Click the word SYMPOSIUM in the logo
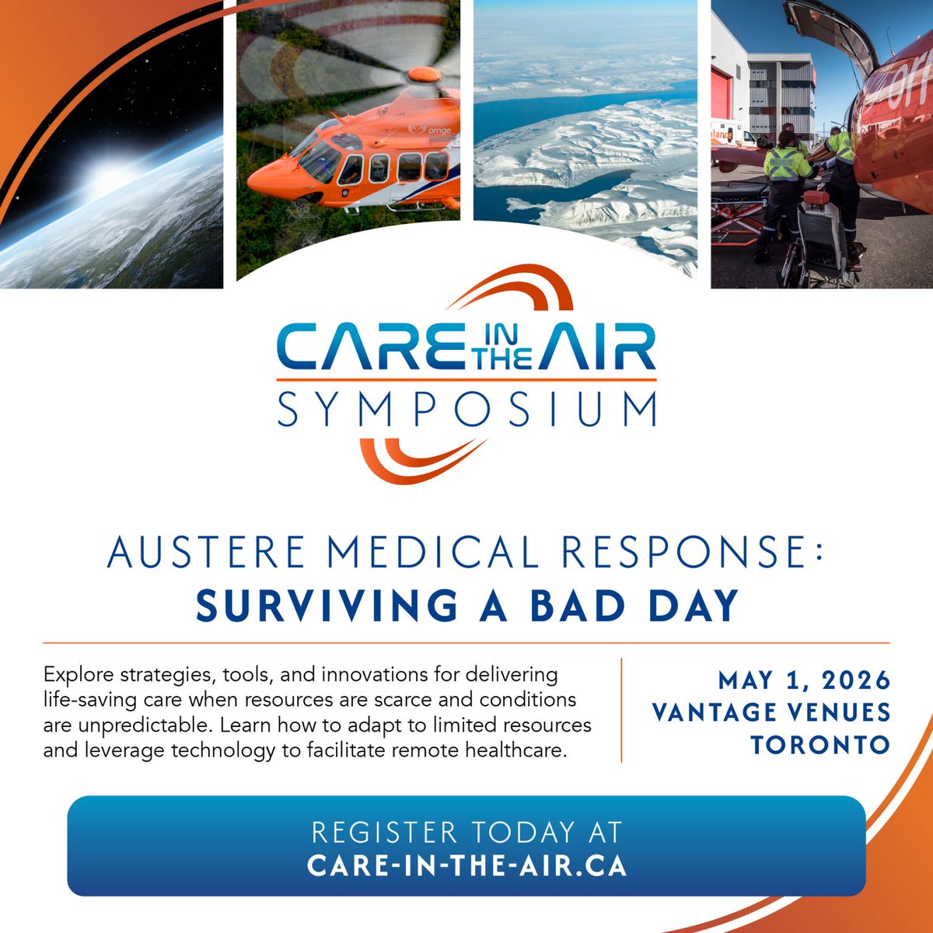click(x=466, y=410)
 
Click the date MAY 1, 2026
click(x=804, y=680)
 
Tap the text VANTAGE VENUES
click(x=771, y=712)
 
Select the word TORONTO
click(x=820, y=744)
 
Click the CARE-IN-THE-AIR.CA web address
click(x=466, y=865)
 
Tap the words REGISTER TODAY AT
click(x=466, y=833)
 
